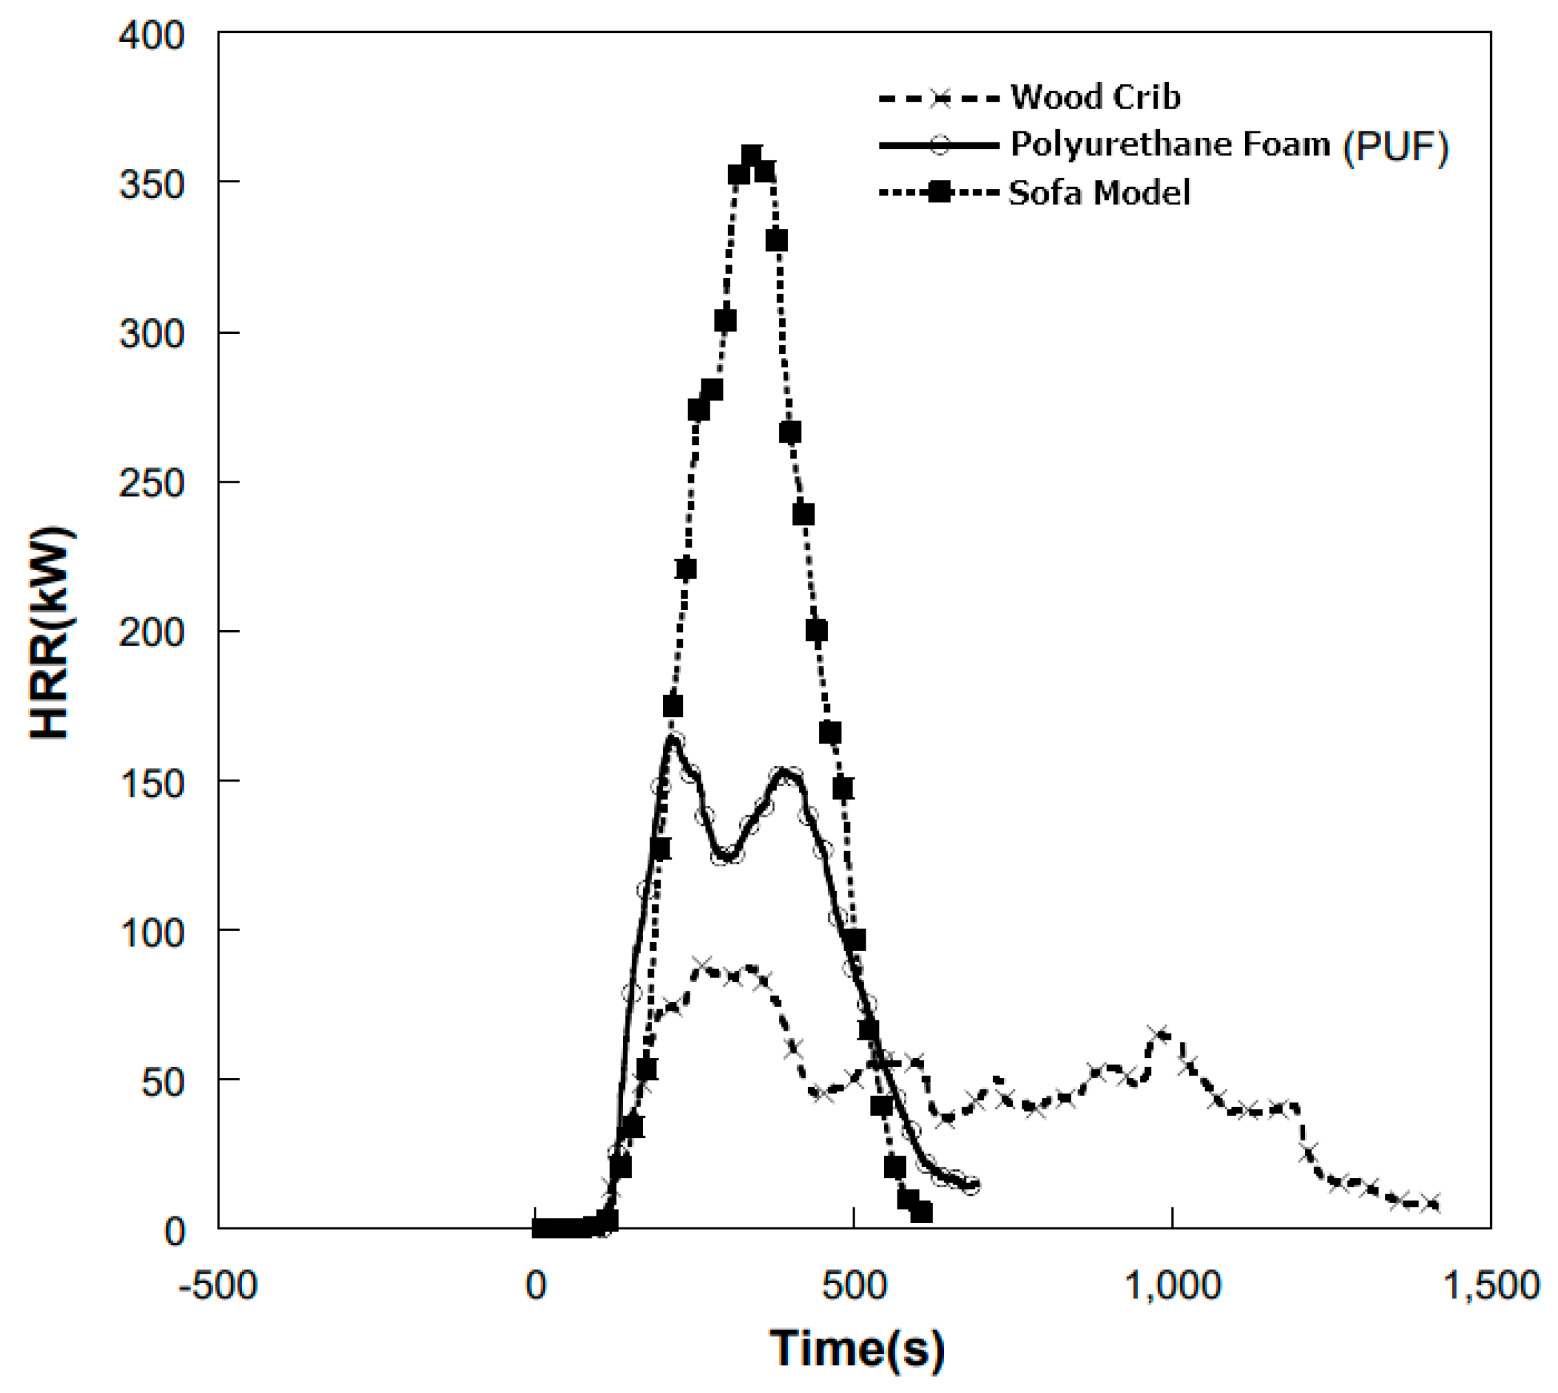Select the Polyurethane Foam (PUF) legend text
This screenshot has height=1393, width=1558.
(x=1229, y=145)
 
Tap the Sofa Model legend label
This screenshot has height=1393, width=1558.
(x=1099, y=192)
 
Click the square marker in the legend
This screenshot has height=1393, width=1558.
(x=939, y=192)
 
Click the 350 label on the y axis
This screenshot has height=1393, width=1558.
(x=151, y=184)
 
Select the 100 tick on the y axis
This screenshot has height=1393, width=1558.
(x=151, y=932)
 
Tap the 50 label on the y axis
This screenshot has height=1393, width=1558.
(x=162, y=1082)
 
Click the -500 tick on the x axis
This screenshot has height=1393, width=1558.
(x=218, y=1285)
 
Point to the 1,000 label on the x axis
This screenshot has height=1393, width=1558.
(x=1172, y=1285)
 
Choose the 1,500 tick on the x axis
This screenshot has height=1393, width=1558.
(x=1490, y=1285)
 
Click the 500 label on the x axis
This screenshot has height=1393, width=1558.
(x=854, y=1285)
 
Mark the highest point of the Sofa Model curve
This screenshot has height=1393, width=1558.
(x=751, y=157)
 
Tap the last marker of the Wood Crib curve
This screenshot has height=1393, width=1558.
(x=1429, y=1203)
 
